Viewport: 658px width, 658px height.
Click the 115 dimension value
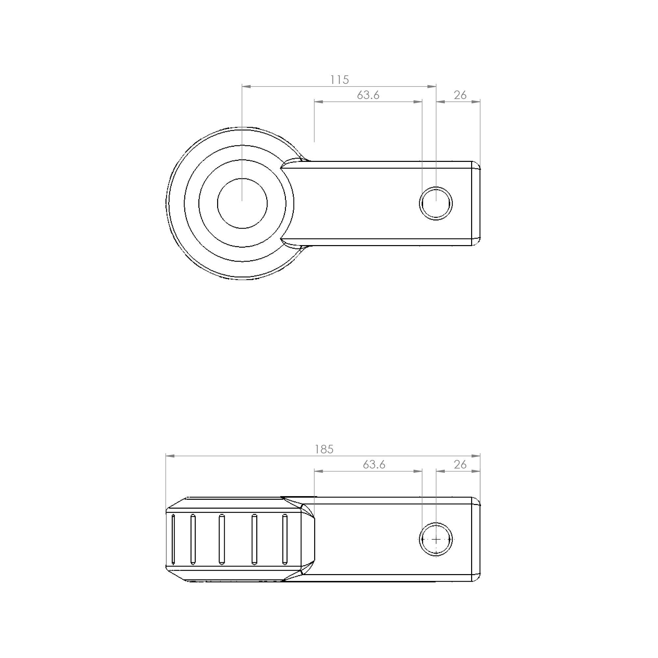(340, 80)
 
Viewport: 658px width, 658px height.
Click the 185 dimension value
(324, 449)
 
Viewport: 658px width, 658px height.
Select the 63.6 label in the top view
(368, 95)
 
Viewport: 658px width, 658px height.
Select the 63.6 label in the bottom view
(374, 465)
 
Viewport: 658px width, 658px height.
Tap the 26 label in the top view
(460, 95)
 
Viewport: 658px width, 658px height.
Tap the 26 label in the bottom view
(460, 465)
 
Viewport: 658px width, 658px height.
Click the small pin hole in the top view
(436, 203)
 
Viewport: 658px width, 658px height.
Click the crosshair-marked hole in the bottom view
(436, 540)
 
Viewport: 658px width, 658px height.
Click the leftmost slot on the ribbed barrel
(173, 539)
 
